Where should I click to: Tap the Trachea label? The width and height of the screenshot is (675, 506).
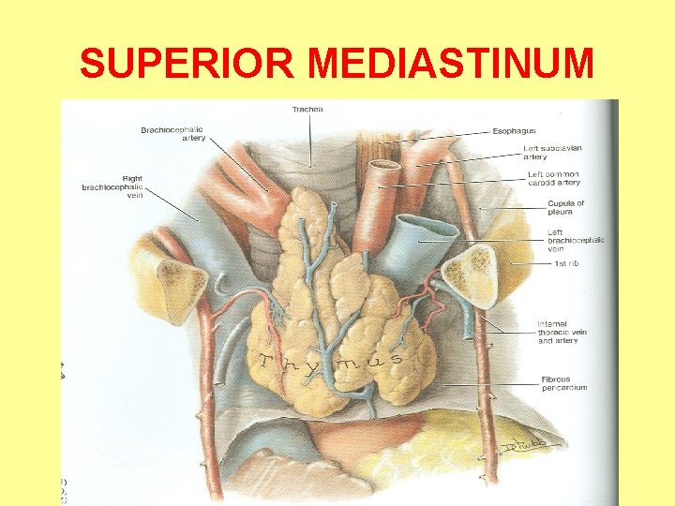click(307, 110)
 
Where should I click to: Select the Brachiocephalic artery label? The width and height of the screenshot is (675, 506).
click(172, 134)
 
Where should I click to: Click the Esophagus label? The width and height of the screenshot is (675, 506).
click(515, 131)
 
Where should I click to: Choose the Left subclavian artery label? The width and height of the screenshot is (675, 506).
click(554, 152)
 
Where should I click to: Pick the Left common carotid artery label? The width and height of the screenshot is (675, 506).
click(553, 178)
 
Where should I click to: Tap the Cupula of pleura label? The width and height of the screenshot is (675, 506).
click(565, 207)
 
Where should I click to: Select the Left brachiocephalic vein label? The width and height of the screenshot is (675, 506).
click(575, 240)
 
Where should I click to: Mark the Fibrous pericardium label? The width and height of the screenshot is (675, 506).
click(563, 383)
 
